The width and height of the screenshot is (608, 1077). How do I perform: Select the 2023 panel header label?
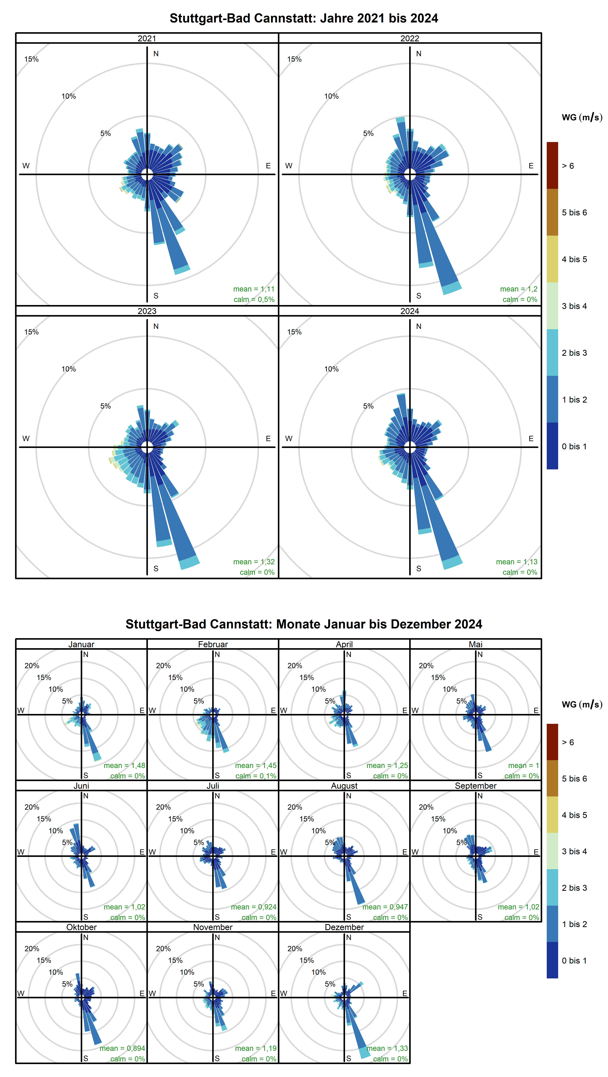coord(147,311)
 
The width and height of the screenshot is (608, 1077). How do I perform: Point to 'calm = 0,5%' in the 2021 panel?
coord(254,299)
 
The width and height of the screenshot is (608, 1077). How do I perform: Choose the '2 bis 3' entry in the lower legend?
coord(574,888)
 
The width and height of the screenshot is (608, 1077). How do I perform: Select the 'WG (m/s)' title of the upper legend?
coord(582,117)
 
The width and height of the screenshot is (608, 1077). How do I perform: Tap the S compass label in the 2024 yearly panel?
coord(418,569)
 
